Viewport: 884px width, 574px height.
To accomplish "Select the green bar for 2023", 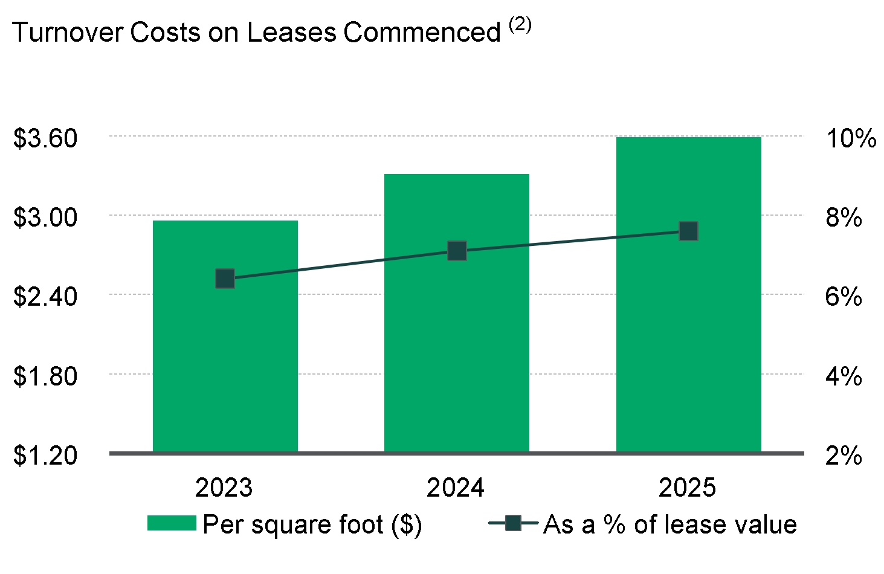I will pos(225,363).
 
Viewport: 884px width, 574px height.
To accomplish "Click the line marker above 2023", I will pos(225,279).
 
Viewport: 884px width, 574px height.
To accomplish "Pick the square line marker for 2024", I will pos(457,251).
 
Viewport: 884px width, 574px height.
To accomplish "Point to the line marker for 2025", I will pos(688,231).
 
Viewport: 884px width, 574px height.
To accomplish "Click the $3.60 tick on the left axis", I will pos(45,138).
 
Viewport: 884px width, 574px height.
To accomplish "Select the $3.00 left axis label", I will pos(45,218).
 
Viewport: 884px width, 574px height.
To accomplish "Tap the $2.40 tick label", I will pos(45,297).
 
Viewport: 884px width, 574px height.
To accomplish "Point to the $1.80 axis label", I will pos(45,376).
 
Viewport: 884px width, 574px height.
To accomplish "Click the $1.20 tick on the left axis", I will pos(45,456).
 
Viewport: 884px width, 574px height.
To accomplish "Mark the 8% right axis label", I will pos(844,218).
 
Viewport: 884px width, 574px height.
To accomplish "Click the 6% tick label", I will pos(844,297).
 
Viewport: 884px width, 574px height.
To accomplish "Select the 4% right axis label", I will pos(844,376).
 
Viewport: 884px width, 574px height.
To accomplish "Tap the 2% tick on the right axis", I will pos(844,456).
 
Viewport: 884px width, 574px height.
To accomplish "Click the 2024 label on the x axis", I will pos(456,488).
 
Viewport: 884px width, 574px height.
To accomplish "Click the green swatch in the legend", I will pos(172,523).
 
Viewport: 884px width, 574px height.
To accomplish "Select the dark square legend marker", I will pos(513,523).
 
